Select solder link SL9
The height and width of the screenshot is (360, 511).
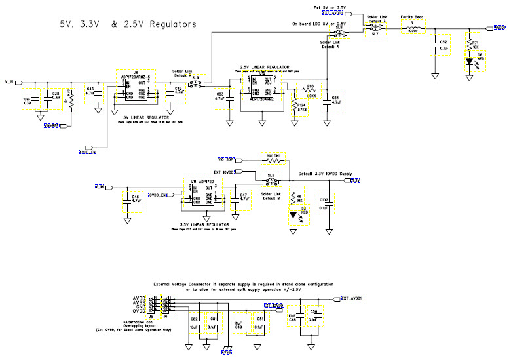pos(197,84)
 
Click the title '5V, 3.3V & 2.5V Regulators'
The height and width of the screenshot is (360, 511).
pos(128,24)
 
